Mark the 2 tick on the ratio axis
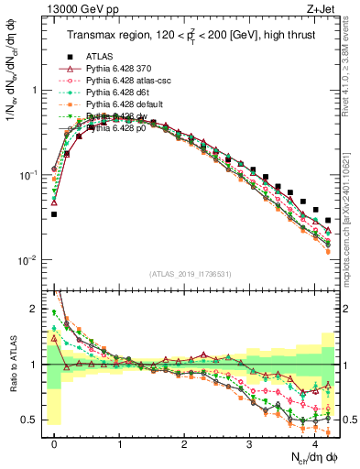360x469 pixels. [37, 309]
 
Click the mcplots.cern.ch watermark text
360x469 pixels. [351, 220]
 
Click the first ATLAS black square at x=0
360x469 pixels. [54, 214]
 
